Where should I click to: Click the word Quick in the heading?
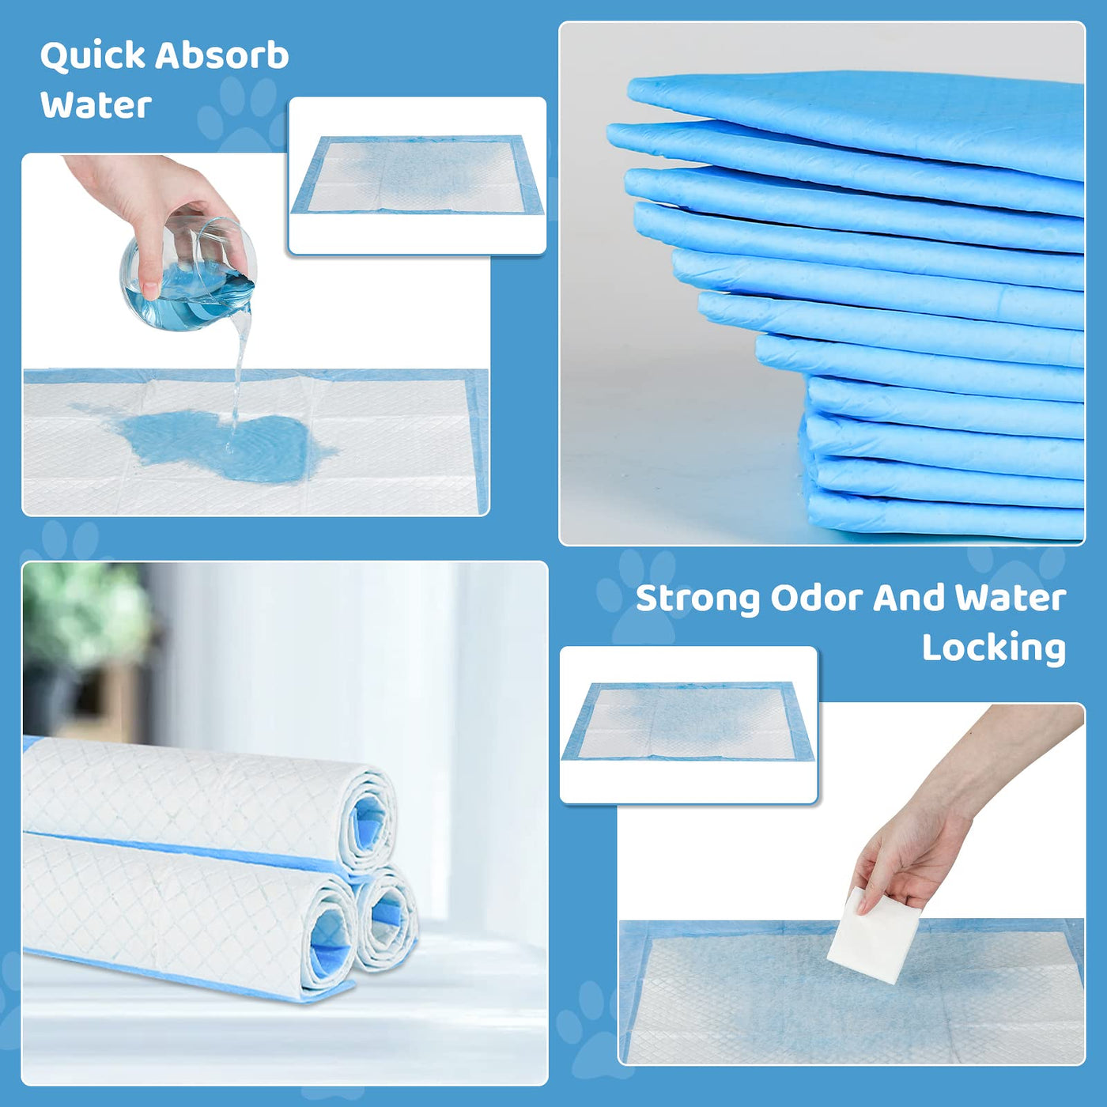tap(93, 57)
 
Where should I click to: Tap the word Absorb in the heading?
tap(221, 55)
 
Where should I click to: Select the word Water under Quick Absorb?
tap(96, 106)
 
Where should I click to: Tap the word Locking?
tap(994, 648)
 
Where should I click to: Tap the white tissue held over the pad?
tap(873, 935)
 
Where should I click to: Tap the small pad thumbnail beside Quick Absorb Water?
tap(417, 176)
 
